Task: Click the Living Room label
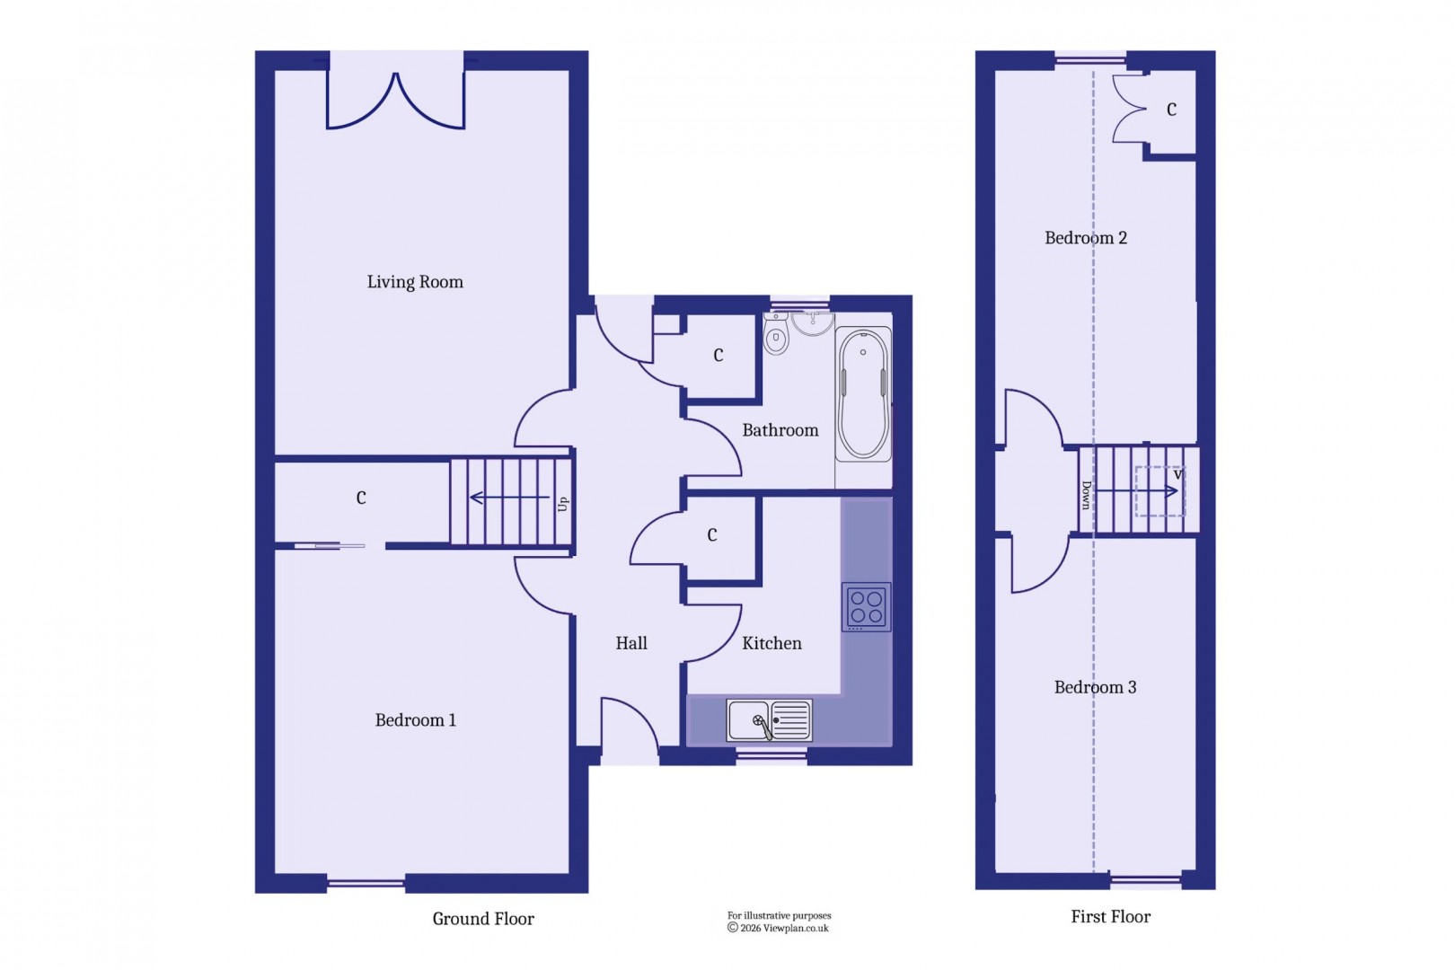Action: click(x=415, y=282)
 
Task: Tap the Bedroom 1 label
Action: click(x=415, y=720)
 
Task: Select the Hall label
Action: click(x=631, y=643)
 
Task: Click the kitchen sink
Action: click(x=769, y=720)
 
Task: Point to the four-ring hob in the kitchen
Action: click(x=867, y=607)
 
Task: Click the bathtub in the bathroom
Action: click(x=863, y=394)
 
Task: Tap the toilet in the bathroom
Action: click(x=776, y=336)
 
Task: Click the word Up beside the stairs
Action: click(x=563, y=503)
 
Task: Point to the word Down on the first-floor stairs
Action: click(x=1086, y=495)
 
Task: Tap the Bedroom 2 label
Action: click(x=1085, y=238)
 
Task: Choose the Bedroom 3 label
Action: click(x=1095, y=687)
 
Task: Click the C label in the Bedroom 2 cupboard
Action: click(x=1171, y=110)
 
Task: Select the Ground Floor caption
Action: click(x=483, y=919)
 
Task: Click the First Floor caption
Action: click(x=1110, y=917)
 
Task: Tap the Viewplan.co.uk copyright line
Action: click(x=779, y=929)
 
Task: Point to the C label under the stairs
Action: click(x=361, y=498)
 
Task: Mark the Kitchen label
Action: click(x=772, y=643)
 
